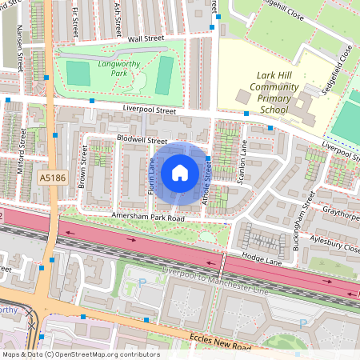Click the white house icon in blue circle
[180, 172]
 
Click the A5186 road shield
[50, 180]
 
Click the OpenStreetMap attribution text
[80, 354]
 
